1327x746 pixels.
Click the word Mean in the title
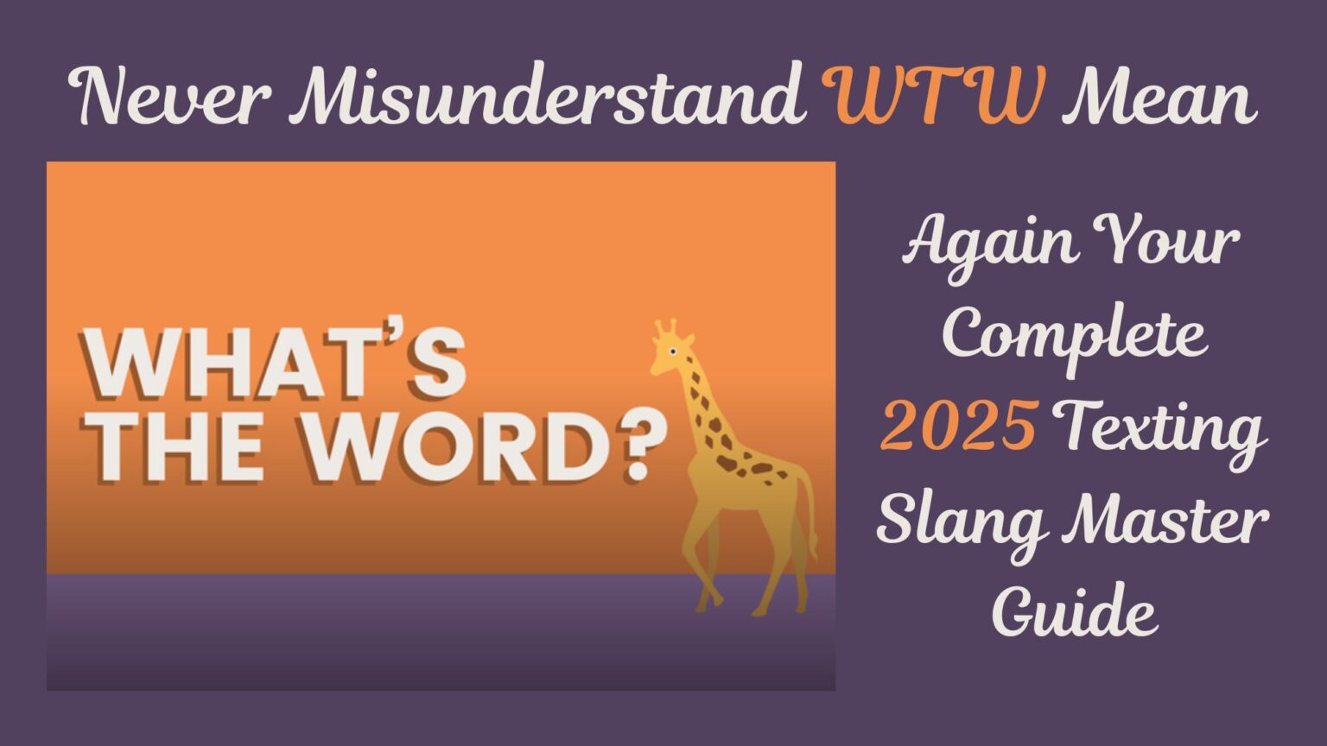pos(1159,97)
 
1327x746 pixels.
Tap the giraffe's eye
pos(672,351)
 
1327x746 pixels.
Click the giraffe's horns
pos(665,328)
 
